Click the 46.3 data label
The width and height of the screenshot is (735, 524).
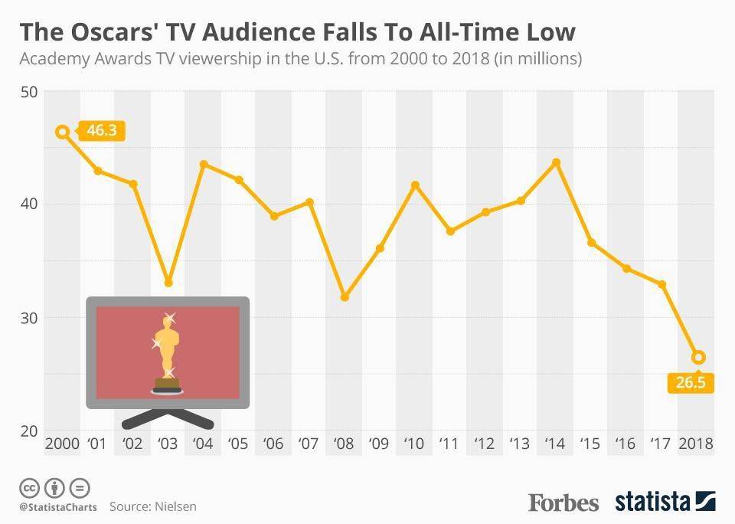click(x=101, y=131)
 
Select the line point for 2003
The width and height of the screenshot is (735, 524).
click(x=168, y=283)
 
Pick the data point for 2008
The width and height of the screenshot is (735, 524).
click(x=345, y=296)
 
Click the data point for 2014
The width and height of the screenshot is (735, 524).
click(x=557, y=162)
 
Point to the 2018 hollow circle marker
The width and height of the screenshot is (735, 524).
click(x=697, y=357)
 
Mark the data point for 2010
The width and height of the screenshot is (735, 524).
click(x=415, y=185)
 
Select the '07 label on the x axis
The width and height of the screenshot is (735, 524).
click(x=309, y=444)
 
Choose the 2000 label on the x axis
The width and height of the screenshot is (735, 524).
click(x=62, y=444)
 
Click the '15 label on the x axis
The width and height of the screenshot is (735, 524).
click(x=590, y=444)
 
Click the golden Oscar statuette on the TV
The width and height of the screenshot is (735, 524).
click(x=166, y=350)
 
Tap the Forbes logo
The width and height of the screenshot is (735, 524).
click(x=563, y=503)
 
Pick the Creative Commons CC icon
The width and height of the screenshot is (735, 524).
click(x=29, y=488)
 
